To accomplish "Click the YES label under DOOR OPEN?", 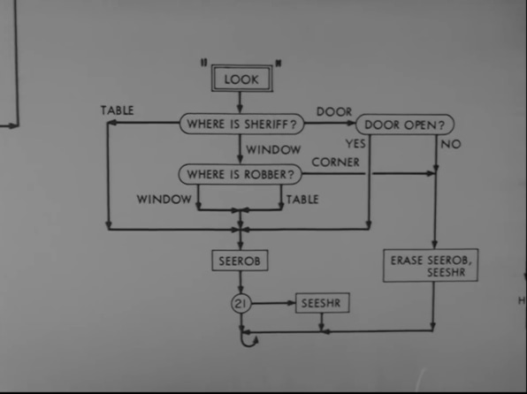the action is [x=355, y=144].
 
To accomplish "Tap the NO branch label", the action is [x=451, y=144].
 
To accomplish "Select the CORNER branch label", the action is [x=335, y=163].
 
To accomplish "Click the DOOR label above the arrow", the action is [x=334, y=111].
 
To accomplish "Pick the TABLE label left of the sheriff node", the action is [x=118, y=110].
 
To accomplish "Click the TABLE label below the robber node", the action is [x=302, y=200].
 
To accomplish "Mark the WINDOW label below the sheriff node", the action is [x=273, y=149].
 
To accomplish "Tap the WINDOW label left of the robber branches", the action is [x=164, y=199].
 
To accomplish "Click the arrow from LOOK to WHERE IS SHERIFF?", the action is [x=240, y=102].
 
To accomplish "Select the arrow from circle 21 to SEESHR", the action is [x=273, y=303].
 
